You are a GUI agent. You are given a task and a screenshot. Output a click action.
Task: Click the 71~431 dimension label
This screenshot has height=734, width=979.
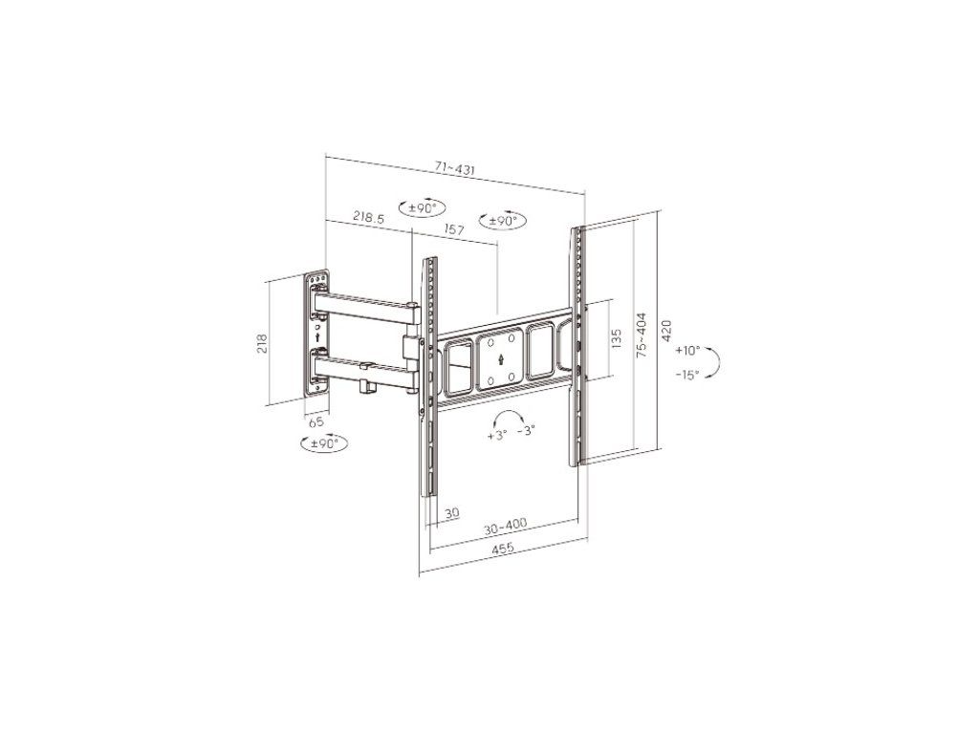coord(455,168)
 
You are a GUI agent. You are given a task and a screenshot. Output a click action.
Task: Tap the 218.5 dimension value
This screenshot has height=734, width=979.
coord(368,217)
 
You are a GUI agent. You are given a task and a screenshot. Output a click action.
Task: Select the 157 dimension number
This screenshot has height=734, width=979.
coord(454,229)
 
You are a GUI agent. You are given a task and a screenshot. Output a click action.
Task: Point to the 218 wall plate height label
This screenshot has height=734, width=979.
coord(262,344)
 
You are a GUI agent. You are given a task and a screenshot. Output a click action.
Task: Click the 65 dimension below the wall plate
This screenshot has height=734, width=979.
coord(316,421)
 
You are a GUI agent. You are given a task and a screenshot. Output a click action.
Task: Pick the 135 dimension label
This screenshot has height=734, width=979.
coord(617,339)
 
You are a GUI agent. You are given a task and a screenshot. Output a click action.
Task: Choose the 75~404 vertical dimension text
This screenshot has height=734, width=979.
coord(642,335)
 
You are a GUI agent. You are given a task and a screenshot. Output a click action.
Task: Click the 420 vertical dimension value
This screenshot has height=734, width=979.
coord(666,331)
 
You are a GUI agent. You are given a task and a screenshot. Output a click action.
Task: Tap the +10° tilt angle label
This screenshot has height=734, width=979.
coord(687,351)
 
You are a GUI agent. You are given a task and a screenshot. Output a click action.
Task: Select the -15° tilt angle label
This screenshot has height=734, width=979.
coord(687,375)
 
